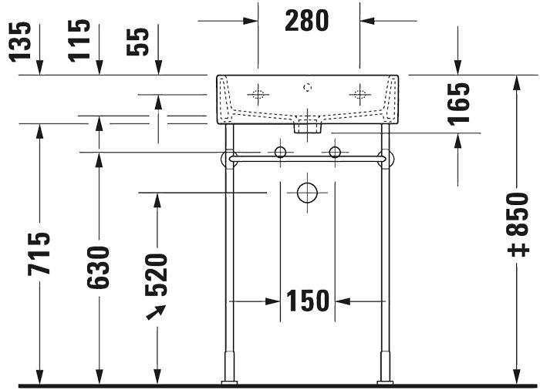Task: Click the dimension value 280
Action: [x=307, y=21]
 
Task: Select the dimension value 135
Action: [x=21, y=40]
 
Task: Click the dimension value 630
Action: [x=99, y=267]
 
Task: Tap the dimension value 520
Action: [x=157, y=274]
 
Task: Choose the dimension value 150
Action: [x=308, y=301]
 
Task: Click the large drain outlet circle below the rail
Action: [x=308, y=193]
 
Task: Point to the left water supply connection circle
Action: [x=280, y=152]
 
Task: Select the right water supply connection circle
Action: [x=335, y=152]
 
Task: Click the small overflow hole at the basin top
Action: [x=308, y=86]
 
